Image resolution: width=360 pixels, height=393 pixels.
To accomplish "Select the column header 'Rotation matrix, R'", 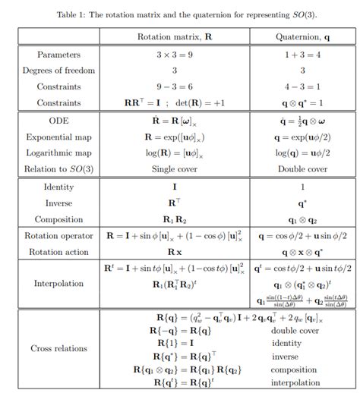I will click(175, 36).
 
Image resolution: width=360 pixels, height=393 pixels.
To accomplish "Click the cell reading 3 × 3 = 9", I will click(175, 55).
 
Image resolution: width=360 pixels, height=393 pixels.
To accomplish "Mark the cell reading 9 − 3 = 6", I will click(175, 86).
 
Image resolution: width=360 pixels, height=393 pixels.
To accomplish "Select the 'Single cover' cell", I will click(175, 168).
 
